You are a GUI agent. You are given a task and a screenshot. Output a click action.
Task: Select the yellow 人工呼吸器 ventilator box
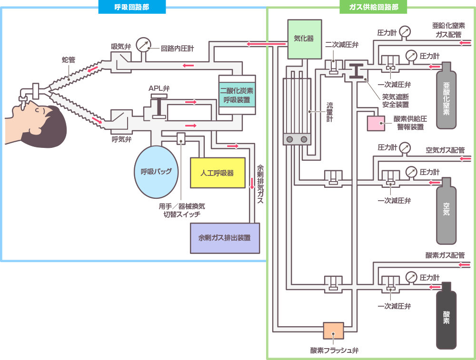tap(217, 173)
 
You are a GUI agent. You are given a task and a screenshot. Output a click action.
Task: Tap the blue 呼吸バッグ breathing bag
tap(156, 172)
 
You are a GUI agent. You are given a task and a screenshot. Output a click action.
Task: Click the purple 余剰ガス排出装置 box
tap(224, 238)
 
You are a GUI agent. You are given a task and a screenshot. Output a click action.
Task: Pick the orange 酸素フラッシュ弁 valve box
tap(333, 330)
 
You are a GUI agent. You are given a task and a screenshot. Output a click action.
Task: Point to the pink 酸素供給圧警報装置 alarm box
tap(376, 123)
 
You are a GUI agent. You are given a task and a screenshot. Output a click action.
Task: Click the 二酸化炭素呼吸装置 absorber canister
tap(237, 95)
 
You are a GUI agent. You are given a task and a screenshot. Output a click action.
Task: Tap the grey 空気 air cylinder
tap(446, 210)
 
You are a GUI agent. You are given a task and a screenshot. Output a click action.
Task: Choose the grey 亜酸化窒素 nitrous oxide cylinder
tap(446, 97)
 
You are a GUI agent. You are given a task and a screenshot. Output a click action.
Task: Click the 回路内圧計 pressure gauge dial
tap(143, 45)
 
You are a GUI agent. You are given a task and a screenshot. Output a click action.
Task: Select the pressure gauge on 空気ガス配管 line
tap(405, 148)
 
